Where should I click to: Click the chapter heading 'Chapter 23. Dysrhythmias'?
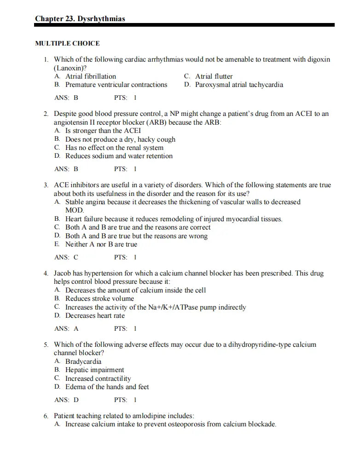(80, 18)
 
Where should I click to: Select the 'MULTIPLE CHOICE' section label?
(67, 43)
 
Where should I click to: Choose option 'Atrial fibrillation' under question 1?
(91, 76)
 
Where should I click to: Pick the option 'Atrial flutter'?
(214, 76)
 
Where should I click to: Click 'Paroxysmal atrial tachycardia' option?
(239, 85)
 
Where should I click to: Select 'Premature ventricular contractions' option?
(116, 85)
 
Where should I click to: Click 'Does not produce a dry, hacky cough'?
(120, 139)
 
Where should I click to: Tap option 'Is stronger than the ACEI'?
(103, 131)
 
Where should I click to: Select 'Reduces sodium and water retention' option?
(119, 156)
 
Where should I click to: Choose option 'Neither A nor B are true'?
(101, 244)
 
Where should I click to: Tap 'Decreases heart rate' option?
(95, 316)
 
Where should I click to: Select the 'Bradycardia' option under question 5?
(83, 362)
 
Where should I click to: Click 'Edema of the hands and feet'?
(107, 387)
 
